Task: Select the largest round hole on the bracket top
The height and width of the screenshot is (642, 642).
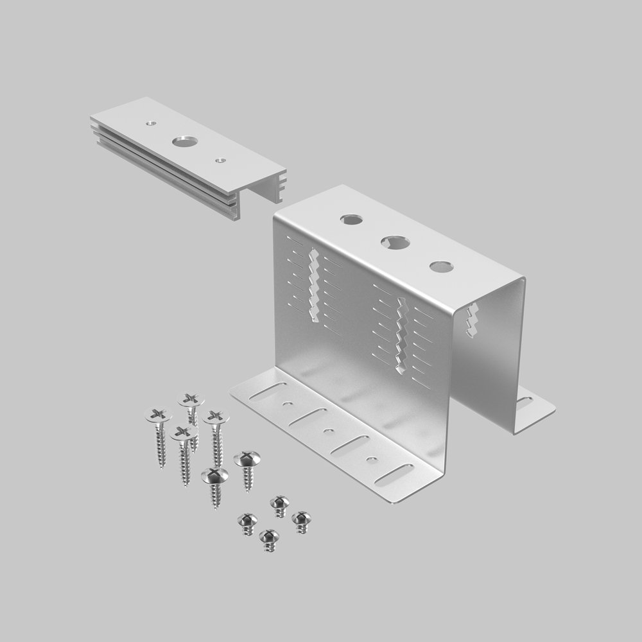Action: (394, 243)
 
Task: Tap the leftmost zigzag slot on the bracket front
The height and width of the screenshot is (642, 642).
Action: (313, 286)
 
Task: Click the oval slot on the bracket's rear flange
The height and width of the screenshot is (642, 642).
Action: (525, 403)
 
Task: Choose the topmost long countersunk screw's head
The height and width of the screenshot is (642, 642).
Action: (191, 399)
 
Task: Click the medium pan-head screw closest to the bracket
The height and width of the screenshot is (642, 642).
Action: (247, 459)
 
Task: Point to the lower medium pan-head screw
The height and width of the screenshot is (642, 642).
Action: (214, 476)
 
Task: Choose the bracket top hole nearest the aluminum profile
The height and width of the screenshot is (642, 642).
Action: (351, 220)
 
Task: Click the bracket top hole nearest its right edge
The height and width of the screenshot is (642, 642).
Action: (440, 266)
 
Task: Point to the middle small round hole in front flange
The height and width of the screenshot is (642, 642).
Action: (329, 431)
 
